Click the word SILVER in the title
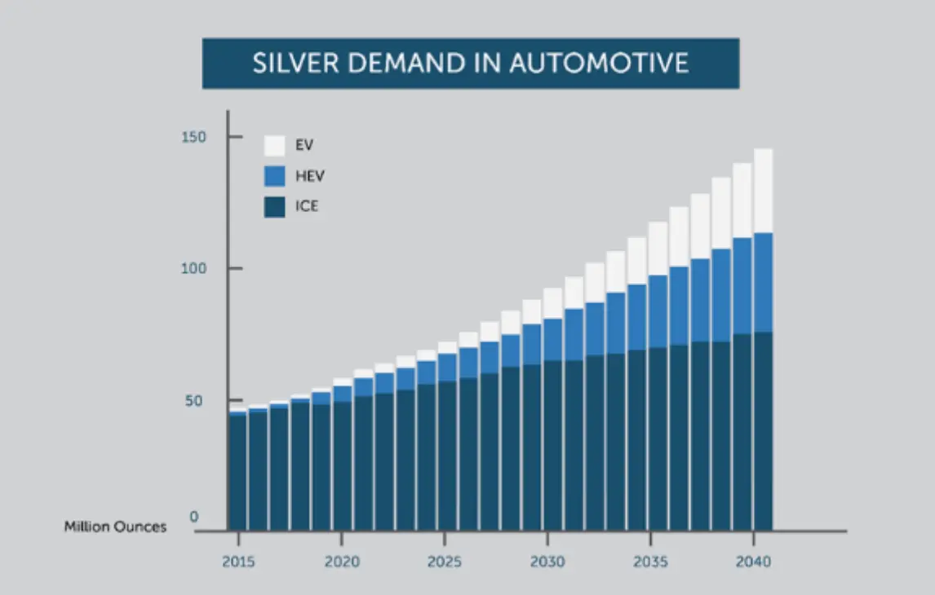click(x=292, y=64)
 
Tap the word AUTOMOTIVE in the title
click(x=599, y=64)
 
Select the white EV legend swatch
click(x=275, y=146)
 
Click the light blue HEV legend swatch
click(x=275, y=176)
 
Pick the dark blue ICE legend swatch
click(x=275, y=206)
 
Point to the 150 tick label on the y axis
click(x=193, y=136)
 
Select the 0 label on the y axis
click(x=194, y=517)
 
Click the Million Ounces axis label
click(x=115, y=527)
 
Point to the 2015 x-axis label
click(x=237, y=562)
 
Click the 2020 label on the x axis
click(x=341, y=562)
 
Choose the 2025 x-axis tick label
click(x=444, y=562)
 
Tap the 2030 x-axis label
click(x=547, y=562)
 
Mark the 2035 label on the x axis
click(x=649, y=562)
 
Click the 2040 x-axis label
click(x=752, y=562)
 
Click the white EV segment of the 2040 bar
click(x=763, y=191)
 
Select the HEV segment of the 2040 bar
click(x=763, y=282)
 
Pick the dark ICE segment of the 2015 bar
click(x=237, y=473)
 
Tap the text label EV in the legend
click(x=304, y=146)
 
